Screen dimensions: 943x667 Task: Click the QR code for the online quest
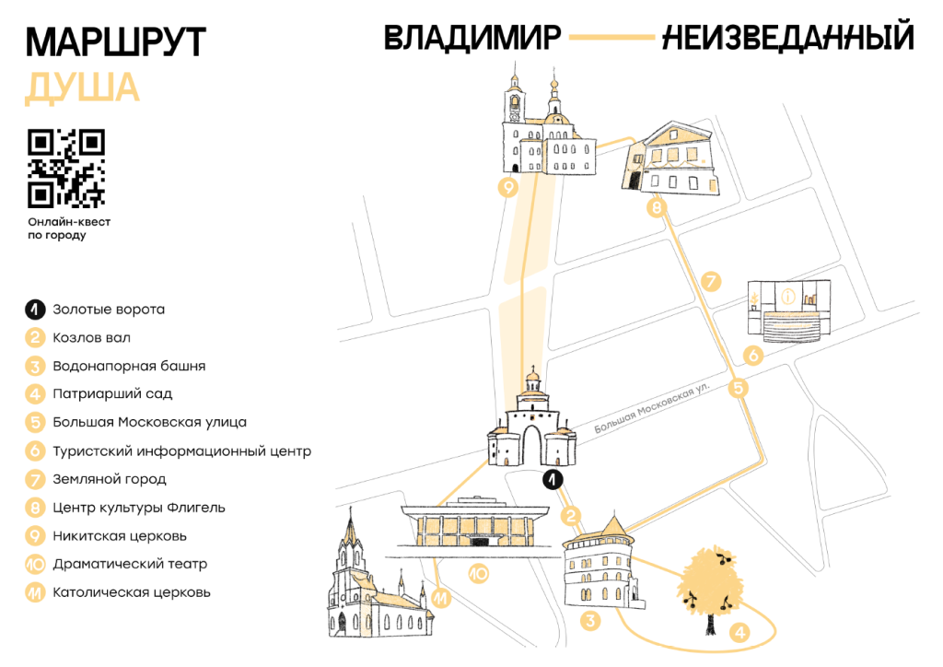click(66, 169)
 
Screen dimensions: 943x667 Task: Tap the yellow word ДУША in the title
click(82, 88)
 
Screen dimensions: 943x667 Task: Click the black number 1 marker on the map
click(553, 479)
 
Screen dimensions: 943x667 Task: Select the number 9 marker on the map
click(508, 188)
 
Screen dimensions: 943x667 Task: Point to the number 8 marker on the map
click(657, 208)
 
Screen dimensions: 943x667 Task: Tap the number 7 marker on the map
click(711, 281)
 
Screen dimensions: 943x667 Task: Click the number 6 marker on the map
click(753, 356)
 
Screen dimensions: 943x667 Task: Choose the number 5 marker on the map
click(738, 388)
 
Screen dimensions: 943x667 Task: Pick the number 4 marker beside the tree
click(739, 632)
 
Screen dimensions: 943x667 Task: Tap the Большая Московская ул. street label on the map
click(652, 407)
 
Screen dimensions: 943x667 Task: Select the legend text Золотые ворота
click(109, 310)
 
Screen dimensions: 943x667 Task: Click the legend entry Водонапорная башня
click(129, 366)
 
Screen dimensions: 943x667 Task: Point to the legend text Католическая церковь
click(132, 592)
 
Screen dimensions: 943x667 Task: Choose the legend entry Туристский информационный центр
click(182, 451)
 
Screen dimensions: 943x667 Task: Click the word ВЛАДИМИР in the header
click(472, 37)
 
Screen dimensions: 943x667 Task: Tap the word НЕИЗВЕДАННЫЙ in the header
click(788, 36)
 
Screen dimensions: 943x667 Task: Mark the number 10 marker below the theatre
click(479, 574)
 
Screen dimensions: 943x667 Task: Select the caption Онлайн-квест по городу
click(69, 228)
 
